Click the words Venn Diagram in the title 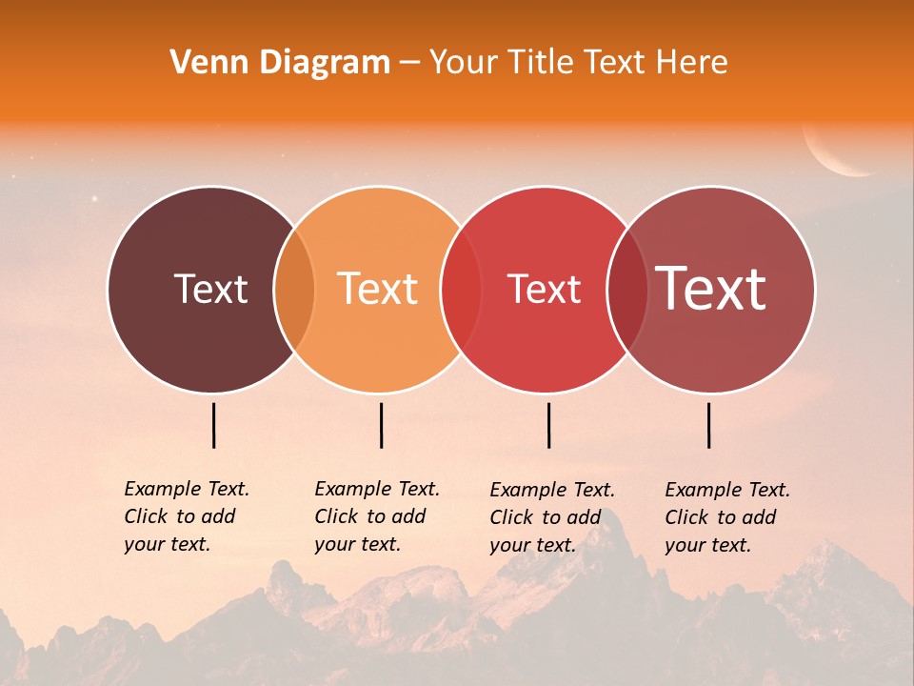pos(280,63)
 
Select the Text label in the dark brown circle pos(210,289)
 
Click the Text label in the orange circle pos(378,289)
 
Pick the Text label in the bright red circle pos(544,289)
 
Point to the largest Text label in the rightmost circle pos(711,289)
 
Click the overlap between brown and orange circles pos(294,290)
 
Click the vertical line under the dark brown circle pos(214,425)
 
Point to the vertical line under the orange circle pos(381,425)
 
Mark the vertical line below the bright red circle pos(548,425)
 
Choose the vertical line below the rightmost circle pos(708,425)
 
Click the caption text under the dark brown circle pos(186,516)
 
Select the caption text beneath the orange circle pos(376,516)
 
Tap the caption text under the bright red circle pos(551,517)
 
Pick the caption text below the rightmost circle pos(726,517)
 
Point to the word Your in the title pos(463,63)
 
